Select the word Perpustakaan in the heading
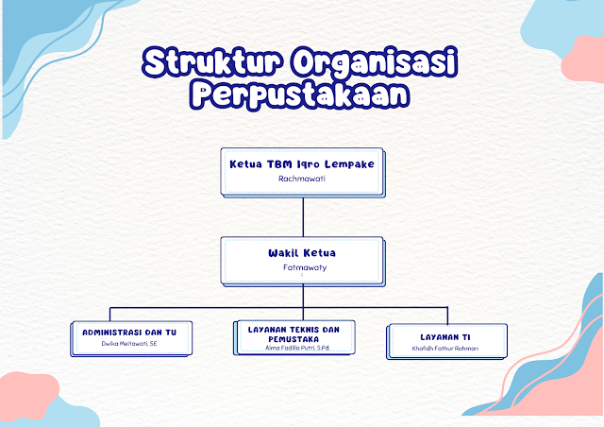[302, 94]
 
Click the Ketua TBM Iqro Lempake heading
[302, 163]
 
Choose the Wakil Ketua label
[302, 252]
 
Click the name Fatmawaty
[302, 267]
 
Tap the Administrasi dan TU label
[137, 333]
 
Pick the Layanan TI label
[446, 335]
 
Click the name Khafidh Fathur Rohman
[446, 348]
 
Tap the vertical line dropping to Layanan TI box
[447, 315]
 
